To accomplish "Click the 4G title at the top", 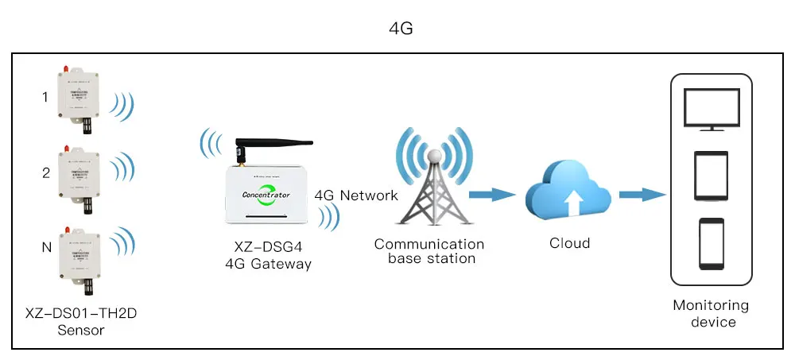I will pyautogui.click(x=401, y=29).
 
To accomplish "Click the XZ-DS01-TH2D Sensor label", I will pyautogui.click(x=81, y=321).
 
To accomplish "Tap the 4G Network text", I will pyautogui.click(x=356, y=195).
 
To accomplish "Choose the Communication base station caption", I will pyautogui.click(x=429, y=251).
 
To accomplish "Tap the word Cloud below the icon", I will pyautogui.click(x=569, y=243).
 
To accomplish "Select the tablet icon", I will pyautogui.click(x=711, y=176).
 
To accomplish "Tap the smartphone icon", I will pyautogui.click(x=711, y=245).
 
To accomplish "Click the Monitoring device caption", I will pyautogui.click(x=711, y=313).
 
